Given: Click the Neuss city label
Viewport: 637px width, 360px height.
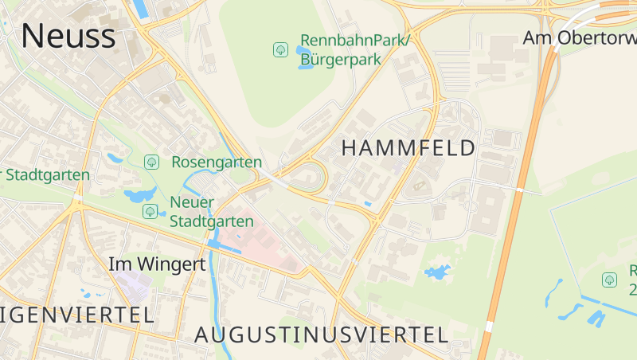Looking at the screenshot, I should [68, 36].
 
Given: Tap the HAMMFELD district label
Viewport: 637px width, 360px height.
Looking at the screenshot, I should [408, 147].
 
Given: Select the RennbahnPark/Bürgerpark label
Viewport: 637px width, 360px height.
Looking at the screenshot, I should [354, 49].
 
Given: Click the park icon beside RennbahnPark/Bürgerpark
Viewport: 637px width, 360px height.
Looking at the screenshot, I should [280, 49].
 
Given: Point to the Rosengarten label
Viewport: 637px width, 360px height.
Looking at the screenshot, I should [217, 162].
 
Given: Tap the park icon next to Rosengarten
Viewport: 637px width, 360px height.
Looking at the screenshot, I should [151, 162].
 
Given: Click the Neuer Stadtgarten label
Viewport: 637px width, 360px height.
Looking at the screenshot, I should [211, 212].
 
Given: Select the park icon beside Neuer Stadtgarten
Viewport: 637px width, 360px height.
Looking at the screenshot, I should [150, 211].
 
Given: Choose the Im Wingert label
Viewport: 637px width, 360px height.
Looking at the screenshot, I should [157, 264].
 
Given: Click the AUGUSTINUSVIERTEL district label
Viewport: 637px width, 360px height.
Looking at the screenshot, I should [322, 335].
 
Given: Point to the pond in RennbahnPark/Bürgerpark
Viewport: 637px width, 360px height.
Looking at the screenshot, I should [304, 57].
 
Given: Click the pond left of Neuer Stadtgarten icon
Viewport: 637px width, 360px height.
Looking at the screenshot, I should [139, 196].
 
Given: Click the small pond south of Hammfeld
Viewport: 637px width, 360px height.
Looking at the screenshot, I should [436, 272].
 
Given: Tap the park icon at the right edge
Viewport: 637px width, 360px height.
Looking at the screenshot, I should [609, 280].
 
